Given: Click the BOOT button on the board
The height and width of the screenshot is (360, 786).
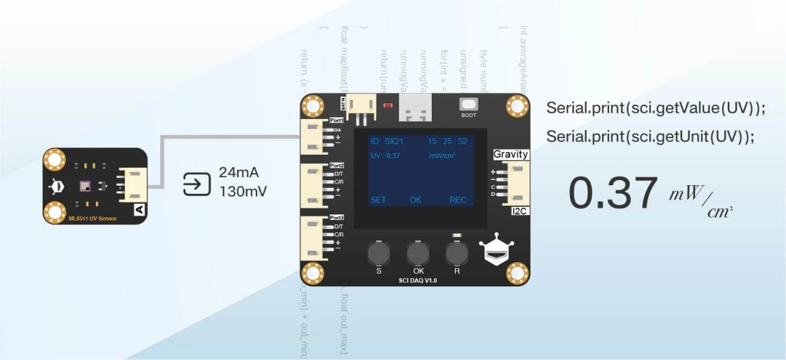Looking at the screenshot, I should [469, 104].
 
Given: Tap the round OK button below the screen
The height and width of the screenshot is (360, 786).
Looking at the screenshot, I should [417, 253].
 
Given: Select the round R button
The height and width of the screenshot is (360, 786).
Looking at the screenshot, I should [456, 253].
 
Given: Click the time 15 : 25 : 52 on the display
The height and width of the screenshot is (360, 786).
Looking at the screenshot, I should [447, 141].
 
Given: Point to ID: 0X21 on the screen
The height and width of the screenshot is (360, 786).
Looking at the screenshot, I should [387, 141].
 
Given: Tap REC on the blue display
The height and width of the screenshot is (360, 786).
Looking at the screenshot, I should [458, 200].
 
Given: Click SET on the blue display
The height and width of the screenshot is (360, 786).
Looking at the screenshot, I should [378, 200].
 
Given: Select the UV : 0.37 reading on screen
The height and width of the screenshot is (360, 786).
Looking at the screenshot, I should [385, 156].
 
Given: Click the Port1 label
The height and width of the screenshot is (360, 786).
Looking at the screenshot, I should [336, 120].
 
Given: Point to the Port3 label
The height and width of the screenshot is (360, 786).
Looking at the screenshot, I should [336, 217].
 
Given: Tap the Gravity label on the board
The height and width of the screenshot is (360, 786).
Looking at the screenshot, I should [511, 154].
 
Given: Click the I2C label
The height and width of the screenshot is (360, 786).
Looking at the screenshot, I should [518, 211].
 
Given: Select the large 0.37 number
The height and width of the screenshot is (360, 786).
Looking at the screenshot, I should [613, 193].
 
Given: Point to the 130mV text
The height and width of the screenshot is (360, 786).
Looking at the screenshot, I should [243, 191].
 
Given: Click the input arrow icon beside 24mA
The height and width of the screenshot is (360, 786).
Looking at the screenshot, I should [197, 183].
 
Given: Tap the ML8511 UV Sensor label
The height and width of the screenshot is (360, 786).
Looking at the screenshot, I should [92, 218].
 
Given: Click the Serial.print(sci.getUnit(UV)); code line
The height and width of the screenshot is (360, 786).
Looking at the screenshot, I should [650, 137].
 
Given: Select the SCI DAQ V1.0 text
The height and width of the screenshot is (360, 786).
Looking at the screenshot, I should [417, 281].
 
